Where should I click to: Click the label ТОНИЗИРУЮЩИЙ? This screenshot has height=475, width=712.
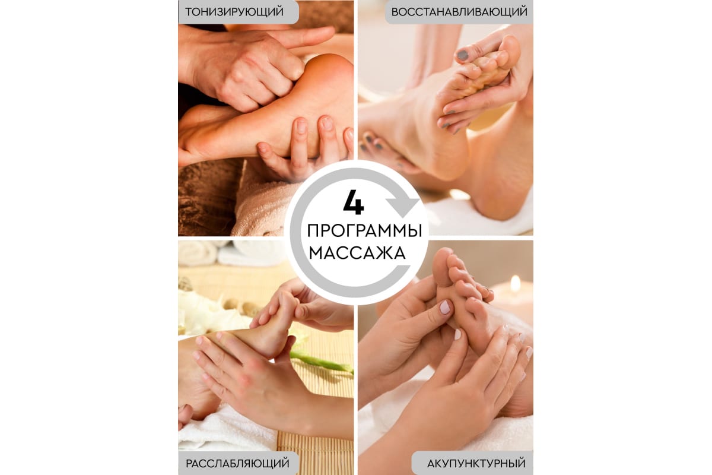[234, 12]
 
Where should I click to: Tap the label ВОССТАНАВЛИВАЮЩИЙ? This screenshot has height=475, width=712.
[459, 12]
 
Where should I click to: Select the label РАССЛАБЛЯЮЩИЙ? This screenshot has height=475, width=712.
[237, 463]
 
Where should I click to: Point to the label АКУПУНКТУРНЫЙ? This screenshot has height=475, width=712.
[476, 464]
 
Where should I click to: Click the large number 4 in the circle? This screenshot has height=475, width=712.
[354, 202]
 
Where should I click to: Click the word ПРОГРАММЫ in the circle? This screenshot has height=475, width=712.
[364, 230]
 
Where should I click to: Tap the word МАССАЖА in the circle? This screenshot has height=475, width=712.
[357, 254]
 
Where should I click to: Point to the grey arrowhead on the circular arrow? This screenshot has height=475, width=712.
[403, 207]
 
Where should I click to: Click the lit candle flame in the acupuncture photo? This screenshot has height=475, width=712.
[515, 283]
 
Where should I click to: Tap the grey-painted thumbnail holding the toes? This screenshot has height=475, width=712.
[463, 55]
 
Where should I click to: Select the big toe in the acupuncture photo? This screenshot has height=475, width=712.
[441, 262]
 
